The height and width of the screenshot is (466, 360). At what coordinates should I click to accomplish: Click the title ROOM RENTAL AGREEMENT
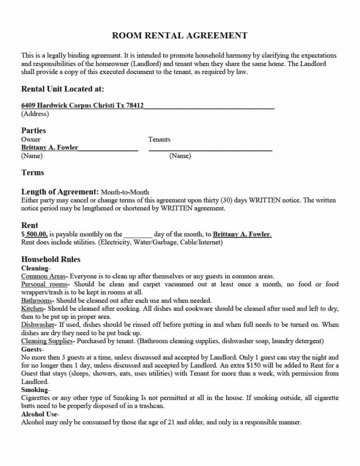(180, 36)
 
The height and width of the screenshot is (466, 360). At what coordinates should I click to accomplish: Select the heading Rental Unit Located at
(63, 89)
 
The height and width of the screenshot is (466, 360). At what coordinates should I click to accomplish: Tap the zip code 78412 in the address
(135, 105)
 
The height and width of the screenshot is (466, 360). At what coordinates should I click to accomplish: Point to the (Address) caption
(35, 113)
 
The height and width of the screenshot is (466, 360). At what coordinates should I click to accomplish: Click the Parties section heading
(34, 130)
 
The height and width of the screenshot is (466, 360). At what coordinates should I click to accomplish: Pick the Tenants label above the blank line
(159, 139)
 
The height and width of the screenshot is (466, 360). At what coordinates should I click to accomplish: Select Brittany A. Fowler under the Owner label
(50, 147)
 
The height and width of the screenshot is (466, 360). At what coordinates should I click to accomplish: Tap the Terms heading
(33, 173)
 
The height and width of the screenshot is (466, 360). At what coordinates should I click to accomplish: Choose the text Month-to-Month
(125, 192)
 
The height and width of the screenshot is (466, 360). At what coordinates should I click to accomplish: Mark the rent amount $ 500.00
(34, 234)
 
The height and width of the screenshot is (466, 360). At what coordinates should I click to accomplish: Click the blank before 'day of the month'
(139, 234)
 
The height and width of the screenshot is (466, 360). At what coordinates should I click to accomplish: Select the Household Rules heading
(51, 259)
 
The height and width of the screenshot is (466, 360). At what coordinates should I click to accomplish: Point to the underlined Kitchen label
(32, 308)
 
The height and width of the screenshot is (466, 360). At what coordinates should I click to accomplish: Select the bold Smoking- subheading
(36, 390)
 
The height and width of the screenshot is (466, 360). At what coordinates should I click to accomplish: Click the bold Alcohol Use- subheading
(40, 414)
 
